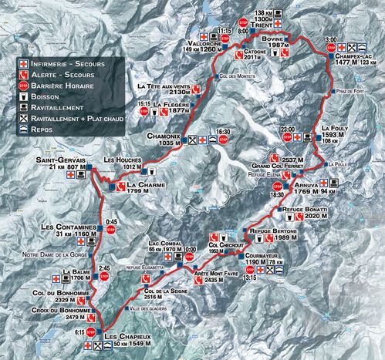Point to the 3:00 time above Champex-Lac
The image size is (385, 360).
[331, 39]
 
